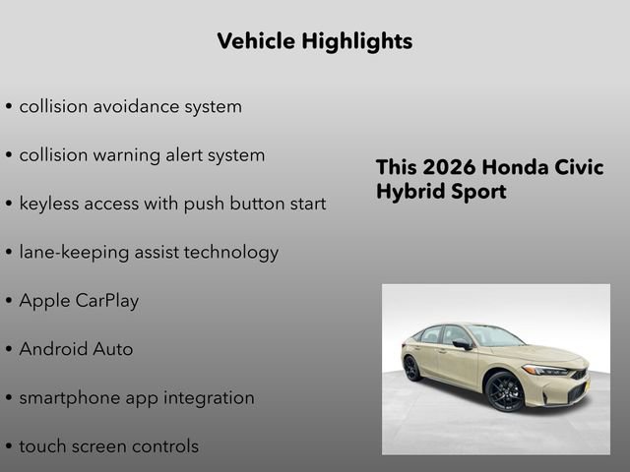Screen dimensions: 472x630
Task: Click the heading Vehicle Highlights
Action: click(314, 41)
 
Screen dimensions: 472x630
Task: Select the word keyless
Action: click(50, 204)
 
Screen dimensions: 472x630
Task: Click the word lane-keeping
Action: click(71, 253)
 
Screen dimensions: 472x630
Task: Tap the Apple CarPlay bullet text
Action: click(79, 301)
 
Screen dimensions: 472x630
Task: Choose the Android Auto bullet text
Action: click(76, 349)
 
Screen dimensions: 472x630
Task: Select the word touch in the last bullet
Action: click(43, 446)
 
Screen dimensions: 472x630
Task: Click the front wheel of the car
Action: click(505, 390)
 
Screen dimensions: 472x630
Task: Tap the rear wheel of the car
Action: click(412, 368)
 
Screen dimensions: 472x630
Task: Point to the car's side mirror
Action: click(460, 344)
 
